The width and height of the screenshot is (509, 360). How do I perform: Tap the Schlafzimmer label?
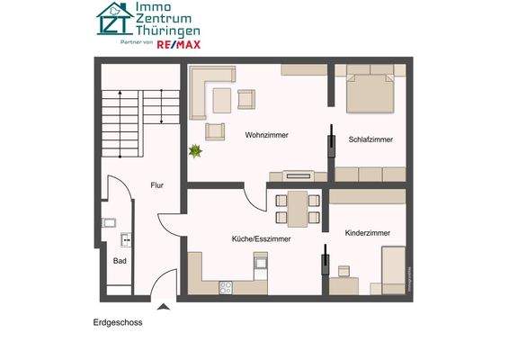tap(371, 139)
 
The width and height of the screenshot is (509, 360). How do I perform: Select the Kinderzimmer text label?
tap(368, 233)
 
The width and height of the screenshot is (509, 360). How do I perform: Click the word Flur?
tap(156, 185)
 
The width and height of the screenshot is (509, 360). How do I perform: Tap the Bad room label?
tap(119, 260)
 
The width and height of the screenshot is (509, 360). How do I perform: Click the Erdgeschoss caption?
tap(118, 322)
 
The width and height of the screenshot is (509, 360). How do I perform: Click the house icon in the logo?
tap(115, 19)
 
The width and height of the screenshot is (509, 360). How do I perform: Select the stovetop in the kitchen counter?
tap(227, 288)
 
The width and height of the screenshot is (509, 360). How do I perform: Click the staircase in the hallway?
tap(121, 122)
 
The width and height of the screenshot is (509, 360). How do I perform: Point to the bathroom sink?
tap(109, 222)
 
